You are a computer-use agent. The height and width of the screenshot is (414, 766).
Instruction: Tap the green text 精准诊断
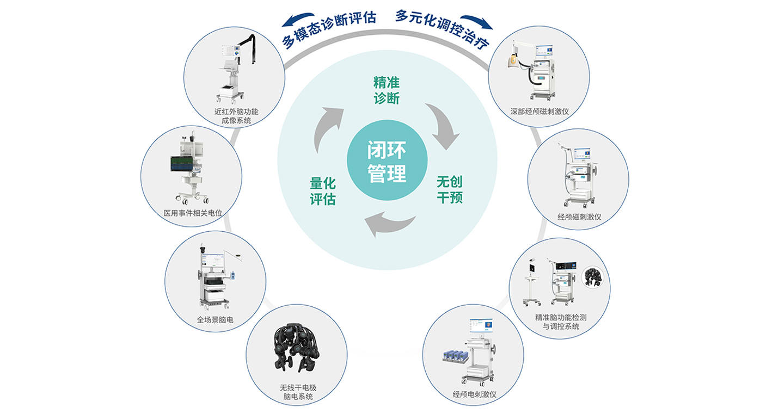pyautogui.click(x=387, y=90)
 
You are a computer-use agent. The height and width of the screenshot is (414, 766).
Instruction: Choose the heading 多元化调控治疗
pyautogui.click(x=442, y=29)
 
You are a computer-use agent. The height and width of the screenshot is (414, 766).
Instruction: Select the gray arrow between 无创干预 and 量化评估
pyautogui.click(x=389, y=224)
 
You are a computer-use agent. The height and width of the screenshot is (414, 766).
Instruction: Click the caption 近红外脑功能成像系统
pyautogui.click(x=236, y=116)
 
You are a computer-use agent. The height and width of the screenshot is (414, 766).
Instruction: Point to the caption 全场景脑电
pyautogui.click(x=215, y=320)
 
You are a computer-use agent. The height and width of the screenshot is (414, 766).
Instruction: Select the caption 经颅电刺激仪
pyautogui.click(x=474, y=394)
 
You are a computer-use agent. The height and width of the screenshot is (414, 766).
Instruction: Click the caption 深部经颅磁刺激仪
pyautogui.click(x=540, y=112)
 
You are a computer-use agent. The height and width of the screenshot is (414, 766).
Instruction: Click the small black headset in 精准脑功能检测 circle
pyautogui.click(x=592, y=277)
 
